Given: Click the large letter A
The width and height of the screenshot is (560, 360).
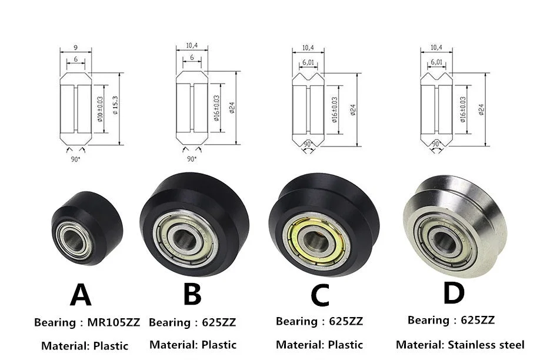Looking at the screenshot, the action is click(x=81, y=295).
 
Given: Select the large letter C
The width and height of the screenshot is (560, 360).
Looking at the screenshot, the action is click(x=319, y=295).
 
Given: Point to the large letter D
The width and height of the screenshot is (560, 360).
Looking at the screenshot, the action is click(x=454, y=293).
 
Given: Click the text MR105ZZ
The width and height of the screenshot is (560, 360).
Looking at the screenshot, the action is click(x=114, y=322).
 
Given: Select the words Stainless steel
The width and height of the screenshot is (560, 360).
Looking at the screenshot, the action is click(x=486, y=345).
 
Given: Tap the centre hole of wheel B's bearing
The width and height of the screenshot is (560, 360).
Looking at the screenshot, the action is click(x=185, y=240).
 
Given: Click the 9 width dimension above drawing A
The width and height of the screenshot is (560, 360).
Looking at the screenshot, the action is click(x=76, y=48).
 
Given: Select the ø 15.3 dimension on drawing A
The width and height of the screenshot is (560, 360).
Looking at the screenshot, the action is click(x=115, y=105).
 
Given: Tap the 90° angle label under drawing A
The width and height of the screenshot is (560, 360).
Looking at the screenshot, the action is click(x=75, y=159).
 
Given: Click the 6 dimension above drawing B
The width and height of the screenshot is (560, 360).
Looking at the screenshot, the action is click(x=192, y=57).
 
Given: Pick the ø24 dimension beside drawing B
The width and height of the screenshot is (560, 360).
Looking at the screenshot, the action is click(x=232, y=108).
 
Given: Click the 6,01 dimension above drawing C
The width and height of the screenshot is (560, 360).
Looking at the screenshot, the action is click(x=308, y=62).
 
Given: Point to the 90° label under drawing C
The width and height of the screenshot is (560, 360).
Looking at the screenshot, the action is click(x=308, y=144).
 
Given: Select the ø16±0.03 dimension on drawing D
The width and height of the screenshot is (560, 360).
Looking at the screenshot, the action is click(x=463, y=109).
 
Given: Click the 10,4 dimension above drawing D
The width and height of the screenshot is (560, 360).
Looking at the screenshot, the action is click(x=436, y=47).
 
